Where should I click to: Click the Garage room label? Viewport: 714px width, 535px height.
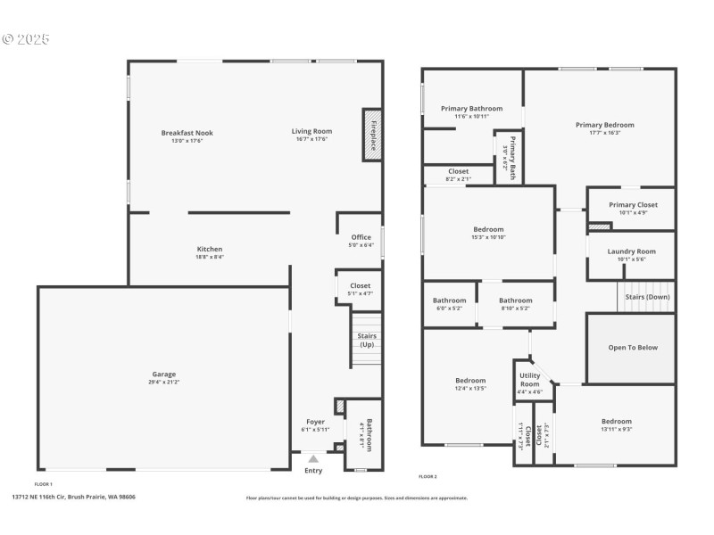click(x=163, y=374)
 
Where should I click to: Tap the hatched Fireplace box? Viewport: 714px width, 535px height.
click(x=371, y=136)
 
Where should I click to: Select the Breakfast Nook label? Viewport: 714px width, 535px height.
click(x=187, y=133)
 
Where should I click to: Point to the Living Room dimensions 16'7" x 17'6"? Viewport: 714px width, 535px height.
click(x=311, y=140)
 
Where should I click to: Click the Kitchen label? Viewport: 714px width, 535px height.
click(x=210, y=249)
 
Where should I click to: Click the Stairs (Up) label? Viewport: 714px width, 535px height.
click(x=366, y=340)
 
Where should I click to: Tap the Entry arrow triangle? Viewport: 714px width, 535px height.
click(x=313, y=458)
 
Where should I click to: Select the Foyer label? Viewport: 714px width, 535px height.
click(x=315, y=422)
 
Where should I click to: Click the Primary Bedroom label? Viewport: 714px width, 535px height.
click(x=604, y=125)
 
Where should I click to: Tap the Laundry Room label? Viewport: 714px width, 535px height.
click(x=631, y=251)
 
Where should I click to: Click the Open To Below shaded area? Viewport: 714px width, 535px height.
click(x=632, y=348)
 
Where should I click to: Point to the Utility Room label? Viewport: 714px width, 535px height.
click(x=530, y=381)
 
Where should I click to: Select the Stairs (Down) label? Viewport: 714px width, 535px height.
click(x=647, y=297)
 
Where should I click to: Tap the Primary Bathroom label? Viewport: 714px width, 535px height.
click(x=471, y=109)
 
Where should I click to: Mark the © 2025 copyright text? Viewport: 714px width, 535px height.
click(x=26, y=39)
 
